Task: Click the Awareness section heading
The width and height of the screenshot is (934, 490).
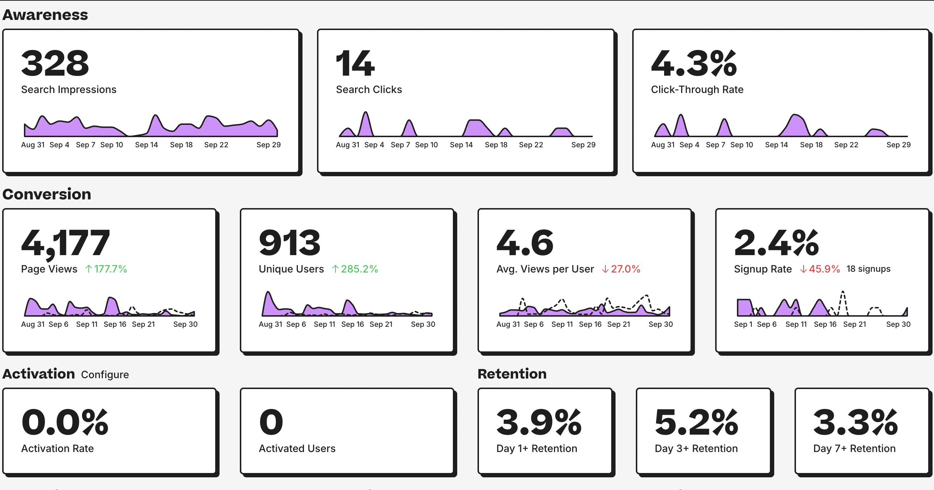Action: pyautogui.click(x=45, y=15)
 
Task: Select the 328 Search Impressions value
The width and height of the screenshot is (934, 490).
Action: pyautogui.click(x=55, y=63)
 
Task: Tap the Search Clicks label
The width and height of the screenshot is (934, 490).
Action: pyautogui.click(x=369, y=89)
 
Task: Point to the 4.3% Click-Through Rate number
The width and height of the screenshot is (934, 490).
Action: pyautogui.click(x=693, y=63)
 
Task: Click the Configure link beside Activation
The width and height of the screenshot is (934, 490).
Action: pyautogui.click(x=105, y=375)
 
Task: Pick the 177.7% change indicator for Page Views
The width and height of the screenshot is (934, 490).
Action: pyautogui.click(x=106, y=269)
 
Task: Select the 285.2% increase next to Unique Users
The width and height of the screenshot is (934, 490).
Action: pyautogui.click(x=355, y=269)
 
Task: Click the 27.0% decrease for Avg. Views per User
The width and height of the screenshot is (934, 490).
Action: pyautogui.click(x=621, y=269)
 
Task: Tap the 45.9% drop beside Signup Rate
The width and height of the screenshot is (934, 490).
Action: pyautogui.click(x=820, y=269)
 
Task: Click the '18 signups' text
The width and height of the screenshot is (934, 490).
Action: pyautogui.click(x=868, y=269)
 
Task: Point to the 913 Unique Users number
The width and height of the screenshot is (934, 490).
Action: pyautogui.click(x=289, y=242)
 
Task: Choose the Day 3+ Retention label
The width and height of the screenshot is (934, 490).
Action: pyautogui.click(x=696, y=448)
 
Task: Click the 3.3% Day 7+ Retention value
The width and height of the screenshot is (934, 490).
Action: pyautogui.click(x=855, y=422)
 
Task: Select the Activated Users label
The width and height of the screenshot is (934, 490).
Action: pyautogui.click(x=297, y=448)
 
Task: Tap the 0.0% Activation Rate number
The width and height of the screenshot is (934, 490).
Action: pyautogui.click(x=64, y=422)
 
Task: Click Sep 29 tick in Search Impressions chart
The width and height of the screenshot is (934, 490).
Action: pyautogui.click(x=268, y=145)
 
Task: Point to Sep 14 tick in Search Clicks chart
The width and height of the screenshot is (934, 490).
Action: pyautogui.click(x=461, y=145)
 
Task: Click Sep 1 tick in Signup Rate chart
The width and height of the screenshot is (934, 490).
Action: pyautogui.click(x=743, y=324)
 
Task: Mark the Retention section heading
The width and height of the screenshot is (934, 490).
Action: pyautogui.click(x=512, y=374)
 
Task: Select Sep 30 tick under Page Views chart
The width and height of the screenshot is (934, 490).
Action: pyautogui.click(x=185, y=324)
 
